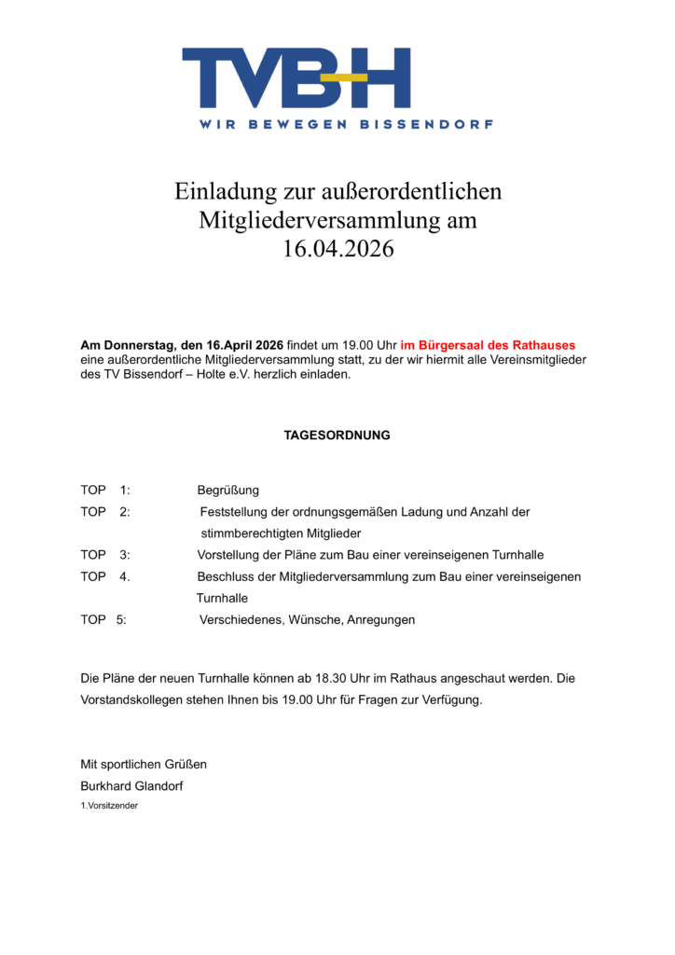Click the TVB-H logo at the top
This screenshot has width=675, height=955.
pyautogui.click(x=296, y=78)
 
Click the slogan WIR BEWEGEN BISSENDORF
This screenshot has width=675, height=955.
pyautogui.click(x=345, y=124)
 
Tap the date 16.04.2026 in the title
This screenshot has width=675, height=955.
pyautogui.click(x=338, y=250)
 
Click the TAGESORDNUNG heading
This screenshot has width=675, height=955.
pyautogui.click(x=337, y=436)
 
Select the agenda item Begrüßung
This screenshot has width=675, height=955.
pyautogui.click(x=228, y=491)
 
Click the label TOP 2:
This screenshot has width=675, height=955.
pyautogui.click(x=104, y=512)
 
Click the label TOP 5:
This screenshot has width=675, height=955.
pyautogui.click(x=103, y=619)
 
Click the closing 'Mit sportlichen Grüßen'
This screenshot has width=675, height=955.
pyautogui.click(x=144, y=764)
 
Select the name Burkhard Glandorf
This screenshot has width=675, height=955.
pyautogui.click(x=131, y=785)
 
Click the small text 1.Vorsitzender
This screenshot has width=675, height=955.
pyautogui.click(x=109, y=805)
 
